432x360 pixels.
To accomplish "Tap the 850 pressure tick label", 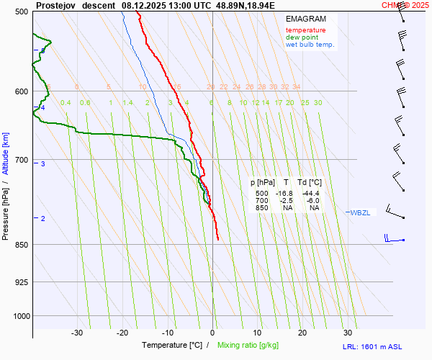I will [20, 245].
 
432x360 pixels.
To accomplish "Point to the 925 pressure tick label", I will [20, 282].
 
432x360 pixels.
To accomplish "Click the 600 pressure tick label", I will [20, 91].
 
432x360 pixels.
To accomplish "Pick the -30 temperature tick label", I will [77, 333].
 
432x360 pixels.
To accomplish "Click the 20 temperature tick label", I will [302, 333].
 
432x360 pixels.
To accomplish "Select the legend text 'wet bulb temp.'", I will [310, 45].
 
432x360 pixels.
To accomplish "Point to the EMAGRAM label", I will [305, 19].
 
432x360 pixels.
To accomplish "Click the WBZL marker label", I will [360, 212].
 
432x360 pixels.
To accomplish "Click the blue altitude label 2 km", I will [43, 218].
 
